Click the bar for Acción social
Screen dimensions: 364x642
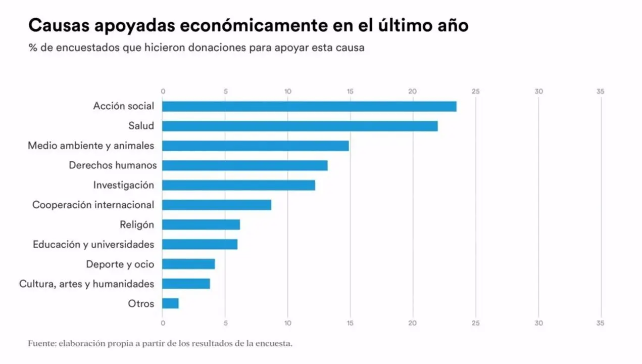tap(309, 106)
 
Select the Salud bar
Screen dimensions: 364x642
tap(300, 126)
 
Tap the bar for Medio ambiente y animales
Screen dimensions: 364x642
tap(256, 146)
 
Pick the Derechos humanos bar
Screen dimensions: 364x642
tap(245, 165)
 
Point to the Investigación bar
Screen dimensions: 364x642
tap(238, 185)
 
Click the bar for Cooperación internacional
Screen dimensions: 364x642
tap(217, 205)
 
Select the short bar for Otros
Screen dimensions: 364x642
tap(170, 303)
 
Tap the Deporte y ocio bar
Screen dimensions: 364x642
tap(188, 264)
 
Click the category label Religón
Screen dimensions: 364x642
tap(137, 224)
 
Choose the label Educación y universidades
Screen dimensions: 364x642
tap(93, 244)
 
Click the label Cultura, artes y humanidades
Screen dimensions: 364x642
tap(86, 284)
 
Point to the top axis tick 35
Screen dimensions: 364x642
tap(600, 92)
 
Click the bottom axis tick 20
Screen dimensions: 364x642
tap(413, 323)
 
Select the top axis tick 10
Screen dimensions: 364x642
tap(288, 92)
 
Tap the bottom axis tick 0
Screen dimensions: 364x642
tap(163, 323)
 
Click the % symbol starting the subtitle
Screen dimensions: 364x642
tap(32, 48)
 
